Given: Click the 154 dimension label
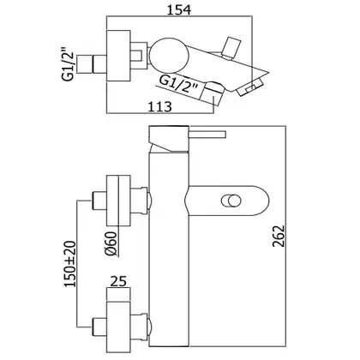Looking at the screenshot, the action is point(179,9).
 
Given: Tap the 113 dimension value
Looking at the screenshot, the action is point(160,107).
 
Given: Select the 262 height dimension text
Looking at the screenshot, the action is point(279,236).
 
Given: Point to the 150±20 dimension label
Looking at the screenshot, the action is point(70,264).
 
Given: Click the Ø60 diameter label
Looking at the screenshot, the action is point(111,243).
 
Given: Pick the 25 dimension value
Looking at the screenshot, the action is point(118,281).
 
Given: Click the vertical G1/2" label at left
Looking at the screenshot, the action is point(69,67).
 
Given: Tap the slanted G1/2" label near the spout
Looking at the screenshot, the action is point(178,84).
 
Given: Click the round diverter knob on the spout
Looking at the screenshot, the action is point(231,201).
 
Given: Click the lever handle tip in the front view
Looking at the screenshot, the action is point(224,135).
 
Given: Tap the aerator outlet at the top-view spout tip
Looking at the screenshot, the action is point(250,88).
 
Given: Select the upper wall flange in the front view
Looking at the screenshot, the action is point(118,200).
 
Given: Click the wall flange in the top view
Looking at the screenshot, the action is point(118,56).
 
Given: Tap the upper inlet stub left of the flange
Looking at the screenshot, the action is point(99,201).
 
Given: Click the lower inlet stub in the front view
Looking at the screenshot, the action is point(99,326).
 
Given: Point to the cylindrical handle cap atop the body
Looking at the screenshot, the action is point(169,138).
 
